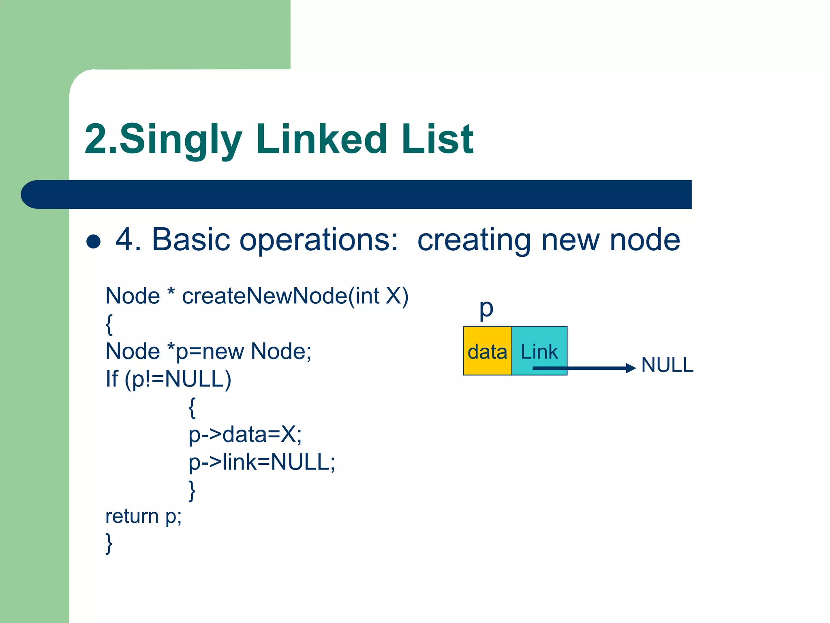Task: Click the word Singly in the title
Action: click(x=180, y=140)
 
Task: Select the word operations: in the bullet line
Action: click(x=319, y=240)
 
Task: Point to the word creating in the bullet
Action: click(x=474, y=240)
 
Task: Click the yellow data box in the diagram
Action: click(x=487, y=351)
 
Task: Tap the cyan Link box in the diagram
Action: click(x=539, y=351)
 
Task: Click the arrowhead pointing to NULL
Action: click(x=631, y=368)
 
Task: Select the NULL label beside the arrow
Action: click(x=667, y=365)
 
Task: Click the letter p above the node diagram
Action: click(x=486, y=309)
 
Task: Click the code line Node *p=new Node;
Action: click(x=208, y=351)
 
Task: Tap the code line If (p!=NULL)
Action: click(x=168, y=379)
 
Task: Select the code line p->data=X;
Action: click(x=245, y=434)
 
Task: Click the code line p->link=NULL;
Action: click(x=262, y=462)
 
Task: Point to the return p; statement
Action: click(x=143, y=516)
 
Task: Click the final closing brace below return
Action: click(x=109, y=544)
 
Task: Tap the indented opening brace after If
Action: click(x=192, y=407)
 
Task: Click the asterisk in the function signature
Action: click(x=171, y=292)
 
